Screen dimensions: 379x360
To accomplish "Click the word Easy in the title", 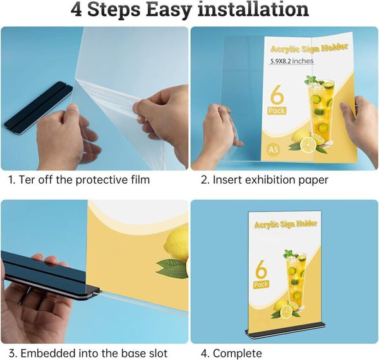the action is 168,10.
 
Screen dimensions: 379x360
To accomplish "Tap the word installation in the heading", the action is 253,9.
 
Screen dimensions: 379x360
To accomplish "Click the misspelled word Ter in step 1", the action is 26,180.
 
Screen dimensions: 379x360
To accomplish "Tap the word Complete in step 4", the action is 238,354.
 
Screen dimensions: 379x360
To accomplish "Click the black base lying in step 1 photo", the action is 38,108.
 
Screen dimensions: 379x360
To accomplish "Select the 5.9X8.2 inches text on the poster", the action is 292,61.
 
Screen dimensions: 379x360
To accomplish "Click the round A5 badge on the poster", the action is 274,150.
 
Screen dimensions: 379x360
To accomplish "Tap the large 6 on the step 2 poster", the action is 277,95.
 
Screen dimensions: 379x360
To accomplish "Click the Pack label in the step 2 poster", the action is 277,111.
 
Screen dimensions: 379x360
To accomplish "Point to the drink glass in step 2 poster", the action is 321,111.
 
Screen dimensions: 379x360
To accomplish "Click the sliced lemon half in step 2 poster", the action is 308,145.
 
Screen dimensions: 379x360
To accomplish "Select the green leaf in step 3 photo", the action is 172,268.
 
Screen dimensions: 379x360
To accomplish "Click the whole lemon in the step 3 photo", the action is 176,244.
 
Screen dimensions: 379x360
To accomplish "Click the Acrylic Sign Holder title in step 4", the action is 286,224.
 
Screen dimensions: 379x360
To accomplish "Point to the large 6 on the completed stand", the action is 261,269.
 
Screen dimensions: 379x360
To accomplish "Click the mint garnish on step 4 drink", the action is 289,254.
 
